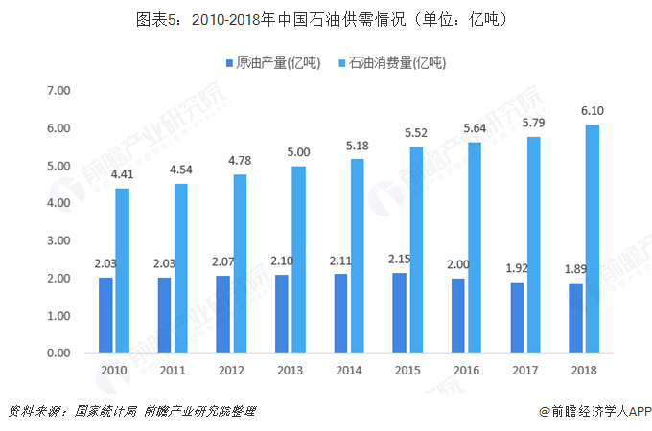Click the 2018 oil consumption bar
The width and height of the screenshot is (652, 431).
[593, 239]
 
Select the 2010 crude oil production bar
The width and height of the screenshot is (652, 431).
[105, 315]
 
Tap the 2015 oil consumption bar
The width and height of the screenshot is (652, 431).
[416, 250]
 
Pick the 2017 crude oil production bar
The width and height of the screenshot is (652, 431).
[518, 317]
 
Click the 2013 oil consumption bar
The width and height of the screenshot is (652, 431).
[298, 260]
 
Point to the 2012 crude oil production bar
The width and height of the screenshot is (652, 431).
[223, 314]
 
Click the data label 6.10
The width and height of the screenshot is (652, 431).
[593, 111]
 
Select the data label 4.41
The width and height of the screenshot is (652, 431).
[122, 174]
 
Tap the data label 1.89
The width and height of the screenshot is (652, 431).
[576, 269]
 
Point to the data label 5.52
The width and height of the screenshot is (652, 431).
[416, 133]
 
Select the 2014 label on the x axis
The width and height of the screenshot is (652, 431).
[349, 371]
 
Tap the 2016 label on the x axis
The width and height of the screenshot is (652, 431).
[467, 371]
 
